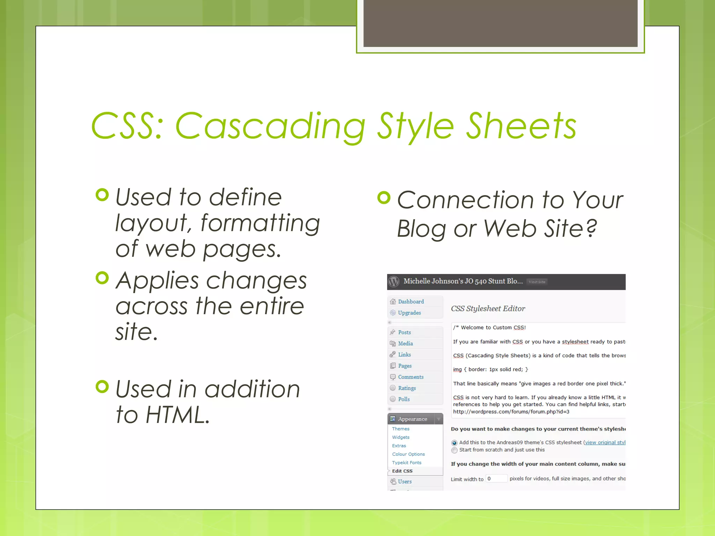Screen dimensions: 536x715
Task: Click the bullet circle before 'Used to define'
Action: click(102, 195)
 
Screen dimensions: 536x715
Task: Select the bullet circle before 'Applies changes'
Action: click(102, 278)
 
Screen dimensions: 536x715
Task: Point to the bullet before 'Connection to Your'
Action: click(384, 198)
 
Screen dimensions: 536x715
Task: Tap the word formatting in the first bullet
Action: click(260, 223)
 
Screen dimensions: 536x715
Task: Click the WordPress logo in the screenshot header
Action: click(394, 282)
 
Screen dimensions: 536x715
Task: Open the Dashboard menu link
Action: click(411, 301)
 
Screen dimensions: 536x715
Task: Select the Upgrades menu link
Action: click(409, 313)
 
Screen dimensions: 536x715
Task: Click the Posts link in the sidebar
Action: click(404, 332)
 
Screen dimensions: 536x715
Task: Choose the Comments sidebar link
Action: click(411, 377)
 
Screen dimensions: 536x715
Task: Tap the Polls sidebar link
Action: click(404, 399)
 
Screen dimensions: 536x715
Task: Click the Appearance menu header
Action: click(412, 419)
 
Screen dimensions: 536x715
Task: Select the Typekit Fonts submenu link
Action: click(406, 462)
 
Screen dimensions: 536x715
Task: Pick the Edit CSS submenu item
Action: click(402, 471)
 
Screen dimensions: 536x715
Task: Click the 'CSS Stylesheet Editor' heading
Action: click(488, 308)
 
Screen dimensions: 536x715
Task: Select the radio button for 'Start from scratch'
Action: click(454, 450)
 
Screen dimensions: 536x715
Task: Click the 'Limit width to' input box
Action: click(496, 479)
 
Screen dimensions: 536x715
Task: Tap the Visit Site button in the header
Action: click(537, 282)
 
